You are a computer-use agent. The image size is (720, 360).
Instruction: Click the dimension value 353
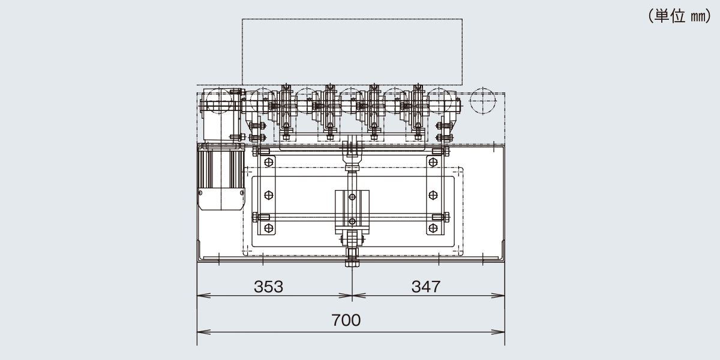[268, 287]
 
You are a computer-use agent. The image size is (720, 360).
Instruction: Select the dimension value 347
[426, 287]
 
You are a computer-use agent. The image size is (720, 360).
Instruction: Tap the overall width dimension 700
[346, 320]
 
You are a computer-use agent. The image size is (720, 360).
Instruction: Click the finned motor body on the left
[221, 169]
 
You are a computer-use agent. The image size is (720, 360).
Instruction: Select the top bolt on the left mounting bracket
[268, 163]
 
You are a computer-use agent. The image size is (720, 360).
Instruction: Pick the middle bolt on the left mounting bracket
[268, 195]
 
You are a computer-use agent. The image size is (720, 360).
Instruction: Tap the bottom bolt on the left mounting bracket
[268, 228]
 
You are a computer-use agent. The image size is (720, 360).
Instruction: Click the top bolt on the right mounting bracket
[433, 163]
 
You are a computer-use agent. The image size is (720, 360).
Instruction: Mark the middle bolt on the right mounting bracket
[433, 195]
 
